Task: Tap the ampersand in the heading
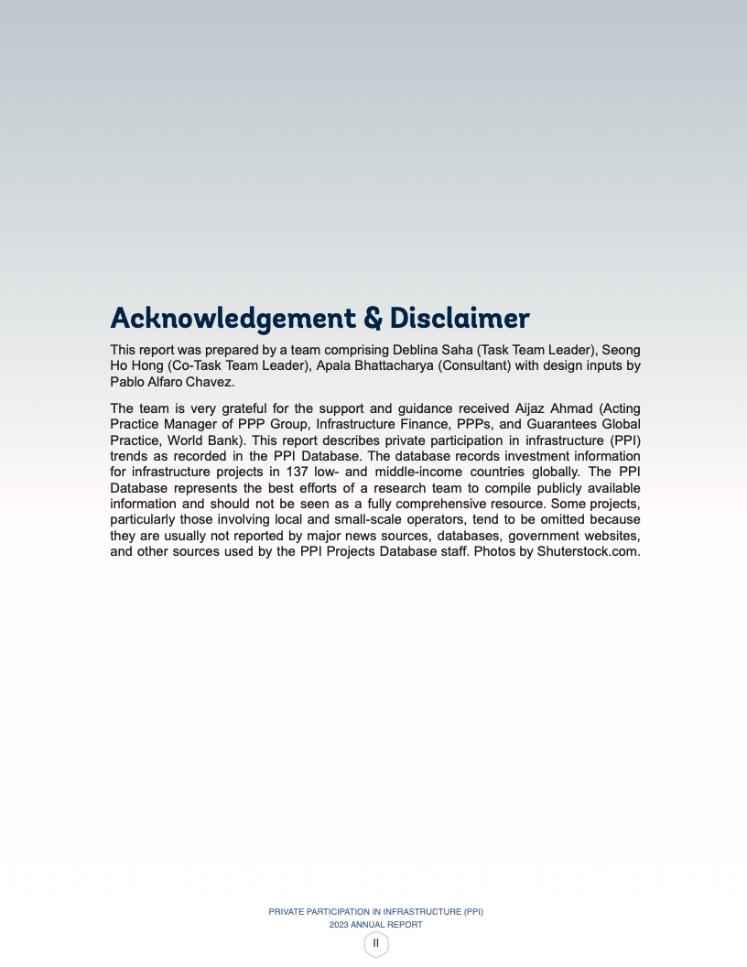click(373, 319)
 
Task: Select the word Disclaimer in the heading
click(460, 319)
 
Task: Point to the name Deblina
click(417, 351)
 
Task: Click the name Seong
click(622, 351)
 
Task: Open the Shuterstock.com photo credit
click(588, 552)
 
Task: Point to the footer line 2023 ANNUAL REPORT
click(375, 925)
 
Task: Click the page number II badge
click(375, 943)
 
